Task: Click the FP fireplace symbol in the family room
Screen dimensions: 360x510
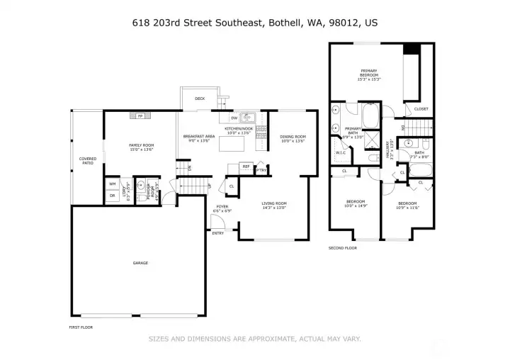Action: tap(140, 116)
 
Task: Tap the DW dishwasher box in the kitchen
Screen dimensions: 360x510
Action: tap(233, 118)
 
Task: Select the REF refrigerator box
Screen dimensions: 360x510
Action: tap(246, 167)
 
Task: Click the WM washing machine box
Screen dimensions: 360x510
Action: tap(112, 184)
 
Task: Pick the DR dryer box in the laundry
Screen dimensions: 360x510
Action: tap(112, 195)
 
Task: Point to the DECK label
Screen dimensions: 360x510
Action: tap(200, 99)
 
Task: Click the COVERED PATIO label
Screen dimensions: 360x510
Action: tap(88, 161)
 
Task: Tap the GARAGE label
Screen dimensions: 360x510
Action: tap(140, 263)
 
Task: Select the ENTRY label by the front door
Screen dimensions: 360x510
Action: tap(218, 232)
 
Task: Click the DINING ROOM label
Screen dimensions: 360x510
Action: tap(292, 137)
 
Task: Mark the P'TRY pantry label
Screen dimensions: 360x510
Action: tap(261, 170)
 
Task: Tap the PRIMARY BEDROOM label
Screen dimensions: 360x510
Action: tap(368, 72)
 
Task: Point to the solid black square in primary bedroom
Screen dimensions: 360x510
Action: tap(412, 50)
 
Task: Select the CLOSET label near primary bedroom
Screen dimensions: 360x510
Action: tap(421, 108)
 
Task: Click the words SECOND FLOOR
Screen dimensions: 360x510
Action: tap(341, 248)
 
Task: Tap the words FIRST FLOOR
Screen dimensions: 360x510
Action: tap(81, 327)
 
